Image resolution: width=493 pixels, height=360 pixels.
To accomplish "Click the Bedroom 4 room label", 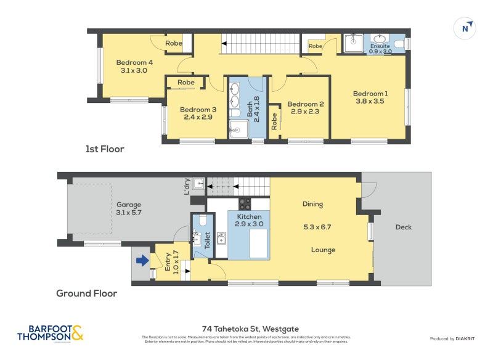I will [134, 62].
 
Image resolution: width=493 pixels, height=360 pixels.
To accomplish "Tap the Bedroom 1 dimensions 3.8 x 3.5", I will [369, 101].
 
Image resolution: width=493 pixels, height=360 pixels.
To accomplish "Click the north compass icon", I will [467, 28].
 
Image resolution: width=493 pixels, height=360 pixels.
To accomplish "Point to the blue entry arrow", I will [142, 261].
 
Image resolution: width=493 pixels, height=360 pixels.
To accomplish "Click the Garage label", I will [129, 205].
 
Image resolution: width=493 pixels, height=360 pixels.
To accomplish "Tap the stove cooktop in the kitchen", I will [245, 203].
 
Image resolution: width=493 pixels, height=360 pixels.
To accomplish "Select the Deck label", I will [404, 227].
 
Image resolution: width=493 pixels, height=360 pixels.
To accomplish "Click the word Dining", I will [312, 204].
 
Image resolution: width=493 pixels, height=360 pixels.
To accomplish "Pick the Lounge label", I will [323, 250].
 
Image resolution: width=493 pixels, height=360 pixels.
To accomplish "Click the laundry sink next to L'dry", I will [198, 183].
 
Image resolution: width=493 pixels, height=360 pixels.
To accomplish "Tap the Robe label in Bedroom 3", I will [185, 83].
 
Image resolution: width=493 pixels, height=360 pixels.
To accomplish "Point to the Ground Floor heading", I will [86, 293].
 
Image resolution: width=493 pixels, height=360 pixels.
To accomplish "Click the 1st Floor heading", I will [105, 149].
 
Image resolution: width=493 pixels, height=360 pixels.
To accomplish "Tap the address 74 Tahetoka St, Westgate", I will [250, 329].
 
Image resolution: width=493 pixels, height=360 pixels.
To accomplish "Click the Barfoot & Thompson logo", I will [49, 333].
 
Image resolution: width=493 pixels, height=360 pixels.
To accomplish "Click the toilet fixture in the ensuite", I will [399, 43].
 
